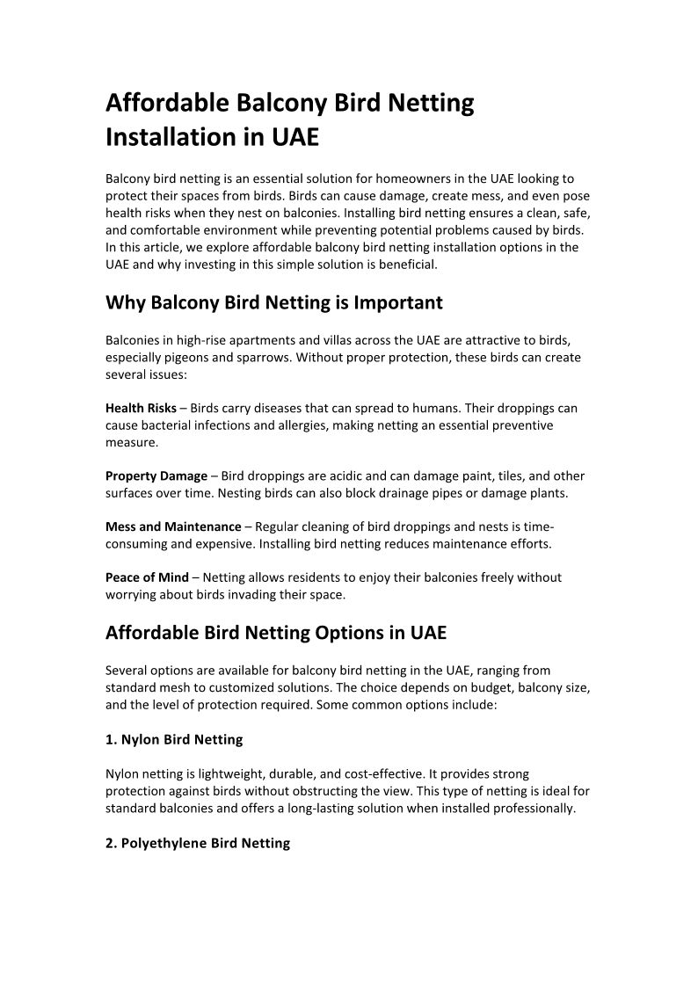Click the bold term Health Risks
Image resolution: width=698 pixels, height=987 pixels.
pos(141,409)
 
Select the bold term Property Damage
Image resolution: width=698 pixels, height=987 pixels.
pos(156,476)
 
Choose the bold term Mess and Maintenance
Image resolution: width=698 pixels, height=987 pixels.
pos(173,526)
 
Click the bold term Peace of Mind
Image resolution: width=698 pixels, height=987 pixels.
pos(147,577)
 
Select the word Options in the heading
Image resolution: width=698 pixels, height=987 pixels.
pos(349,633)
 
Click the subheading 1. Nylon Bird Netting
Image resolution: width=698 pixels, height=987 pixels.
pos(174,740)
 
